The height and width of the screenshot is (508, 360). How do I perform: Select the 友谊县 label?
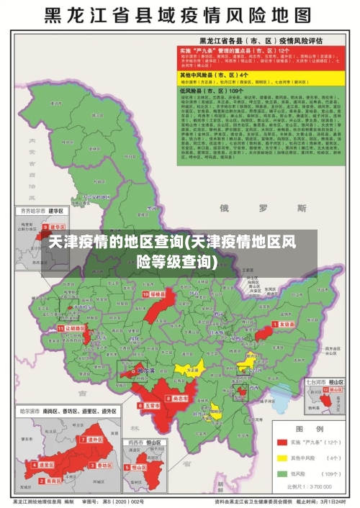coord(287,325)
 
